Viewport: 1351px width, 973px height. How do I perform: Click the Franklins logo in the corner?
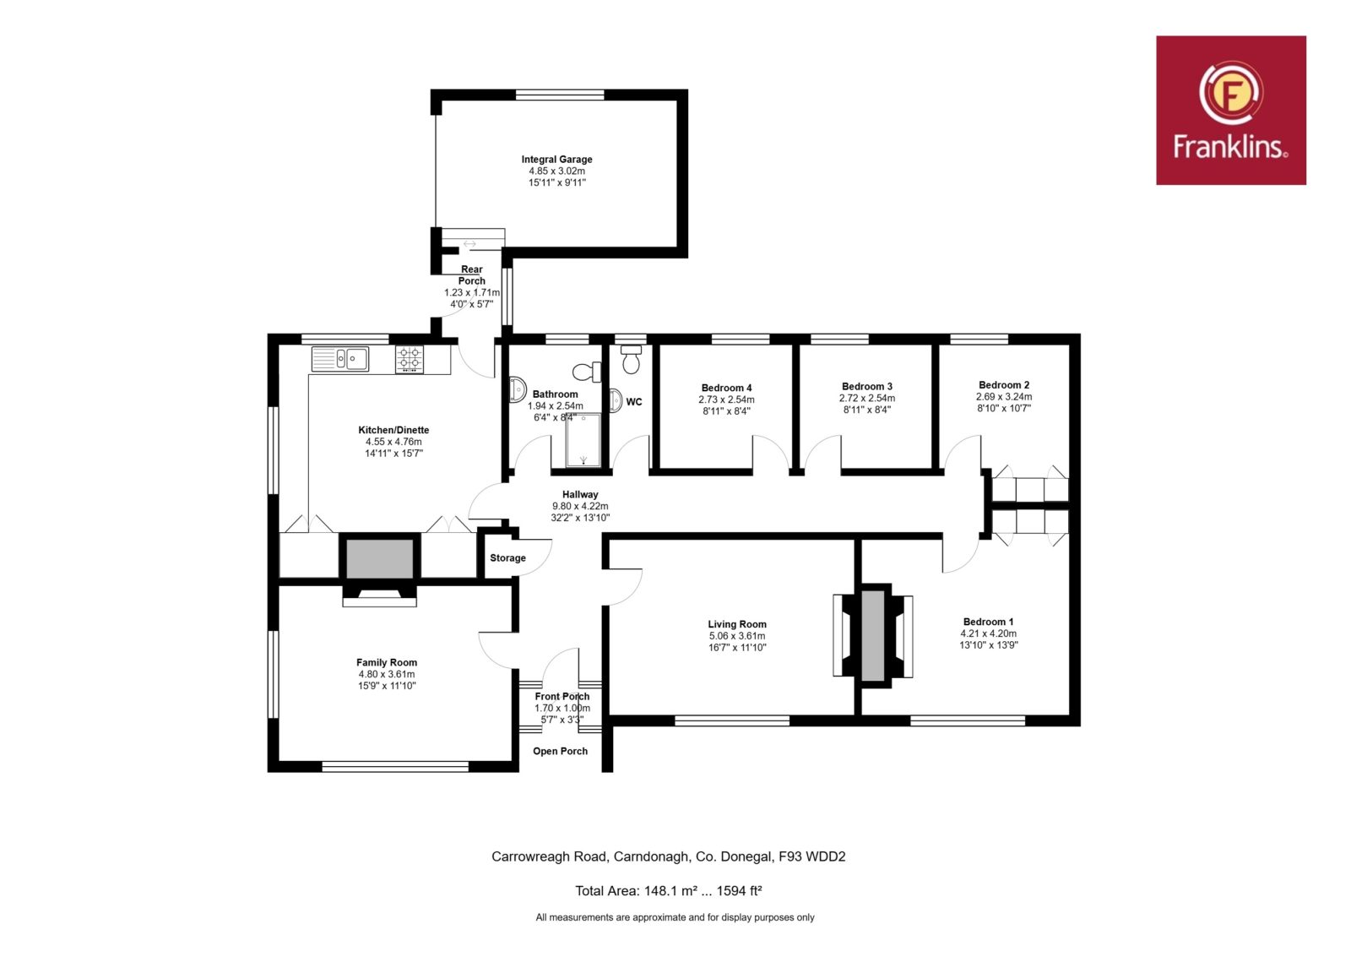point(1230,110)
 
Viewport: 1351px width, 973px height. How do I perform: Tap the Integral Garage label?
point(556,160)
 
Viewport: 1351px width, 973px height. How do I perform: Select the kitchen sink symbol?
point(340,359)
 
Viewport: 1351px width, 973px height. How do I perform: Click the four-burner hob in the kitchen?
point(410,359)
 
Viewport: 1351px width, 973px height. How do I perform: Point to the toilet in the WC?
point(631,360)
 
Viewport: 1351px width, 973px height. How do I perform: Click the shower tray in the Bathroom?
point(583,440)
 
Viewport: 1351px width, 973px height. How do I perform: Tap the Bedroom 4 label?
point(726,388)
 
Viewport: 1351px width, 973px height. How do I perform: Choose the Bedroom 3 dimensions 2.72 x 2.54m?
point(866,398)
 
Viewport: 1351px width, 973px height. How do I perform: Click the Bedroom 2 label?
point(1004,385)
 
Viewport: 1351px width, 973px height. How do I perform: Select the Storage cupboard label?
point(507,558)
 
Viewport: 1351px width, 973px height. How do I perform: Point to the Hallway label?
point(579,495)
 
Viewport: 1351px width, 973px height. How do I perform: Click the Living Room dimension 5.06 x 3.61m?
point(737,636)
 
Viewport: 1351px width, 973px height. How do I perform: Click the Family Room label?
point(386,662)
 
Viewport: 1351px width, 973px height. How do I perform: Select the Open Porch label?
point(560,751)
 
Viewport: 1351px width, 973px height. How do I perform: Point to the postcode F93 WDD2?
point(811,856)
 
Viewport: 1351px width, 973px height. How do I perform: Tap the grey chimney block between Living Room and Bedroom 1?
point(873,634)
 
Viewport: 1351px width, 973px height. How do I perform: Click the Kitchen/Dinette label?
point(393,430)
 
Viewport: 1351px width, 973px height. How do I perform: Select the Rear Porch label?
point(472,275)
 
